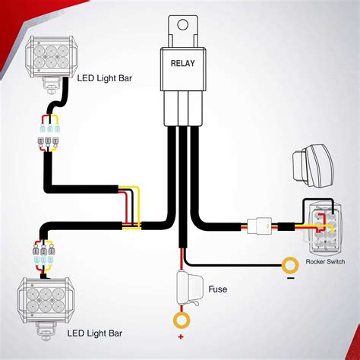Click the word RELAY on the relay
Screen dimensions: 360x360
[182, 63]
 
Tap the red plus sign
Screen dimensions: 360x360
[182, 336]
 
